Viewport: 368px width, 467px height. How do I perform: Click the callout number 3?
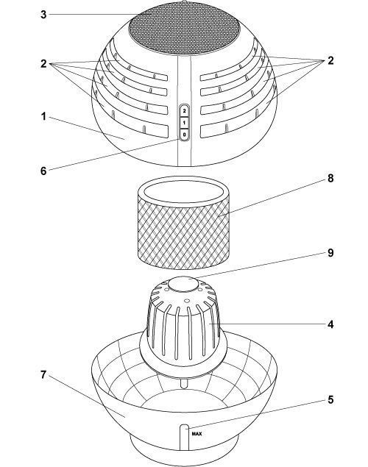coord(43,14)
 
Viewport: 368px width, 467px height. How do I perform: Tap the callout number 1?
coord(43,116)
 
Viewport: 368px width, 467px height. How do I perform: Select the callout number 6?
coord(43,171)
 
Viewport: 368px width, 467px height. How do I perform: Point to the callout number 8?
coord(330,179)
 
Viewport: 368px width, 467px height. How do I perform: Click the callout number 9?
coord(330,253)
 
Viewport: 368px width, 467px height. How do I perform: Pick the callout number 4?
coord(330,324)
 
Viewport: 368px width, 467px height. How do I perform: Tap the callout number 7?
coord(43,375)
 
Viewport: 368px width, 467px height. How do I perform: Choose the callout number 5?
coord(330,399)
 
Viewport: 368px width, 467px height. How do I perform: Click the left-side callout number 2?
coord(43,63)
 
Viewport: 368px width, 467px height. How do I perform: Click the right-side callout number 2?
coord(330,60)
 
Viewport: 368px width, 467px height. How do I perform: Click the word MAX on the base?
coord(197,434)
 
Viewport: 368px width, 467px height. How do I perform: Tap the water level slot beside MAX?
coord(184,438)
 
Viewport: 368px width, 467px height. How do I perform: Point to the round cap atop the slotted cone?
coord(183,284)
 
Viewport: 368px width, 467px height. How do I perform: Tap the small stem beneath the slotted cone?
coord(184,382)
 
